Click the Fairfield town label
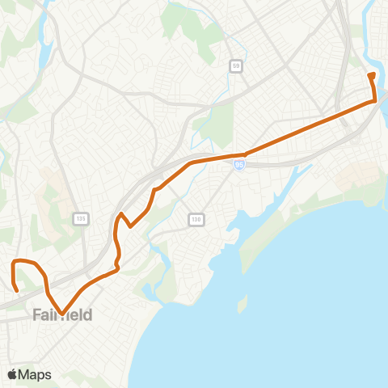coord(62,314)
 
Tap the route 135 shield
coord(80,219)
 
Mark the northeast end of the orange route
coord(370,75)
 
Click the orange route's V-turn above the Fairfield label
coord(62,306)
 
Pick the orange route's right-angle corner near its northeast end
coord(375,101)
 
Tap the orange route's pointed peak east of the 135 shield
coord(121,214)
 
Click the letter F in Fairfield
coord(37,314)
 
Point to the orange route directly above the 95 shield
coord(239,154)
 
